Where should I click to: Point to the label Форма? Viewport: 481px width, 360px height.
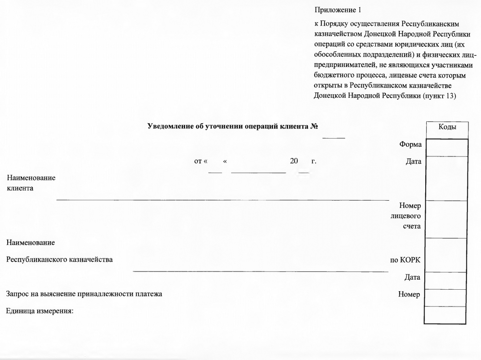(x=410, y=144)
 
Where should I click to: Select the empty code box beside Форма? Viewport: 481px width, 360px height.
(x=447, y=147)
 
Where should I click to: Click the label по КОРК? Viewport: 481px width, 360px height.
(x=405, y=260)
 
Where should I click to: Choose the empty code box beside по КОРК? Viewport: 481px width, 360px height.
(x=447, y=255)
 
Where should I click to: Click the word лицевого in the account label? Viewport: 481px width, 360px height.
(x=406, y=216)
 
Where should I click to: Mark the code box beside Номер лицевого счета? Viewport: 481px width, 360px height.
(x=447, y=219)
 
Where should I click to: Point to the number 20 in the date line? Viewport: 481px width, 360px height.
(x=294, y=161)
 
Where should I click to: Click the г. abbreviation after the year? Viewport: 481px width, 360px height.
(x=314, y=161)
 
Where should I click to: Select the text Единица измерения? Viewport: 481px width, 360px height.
(x=39, y=311)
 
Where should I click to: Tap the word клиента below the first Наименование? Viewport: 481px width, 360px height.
(x=20, y=188)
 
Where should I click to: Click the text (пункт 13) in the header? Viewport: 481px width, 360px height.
(x=439, y=96)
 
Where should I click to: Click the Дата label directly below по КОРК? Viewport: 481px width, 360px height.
(x=412, y=277)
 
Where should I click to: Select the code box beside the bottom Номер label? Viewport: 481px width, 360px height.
(x=447, y=297)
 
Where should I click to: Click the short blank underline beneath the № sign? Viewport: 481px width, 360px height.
(x=333, y=139)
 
